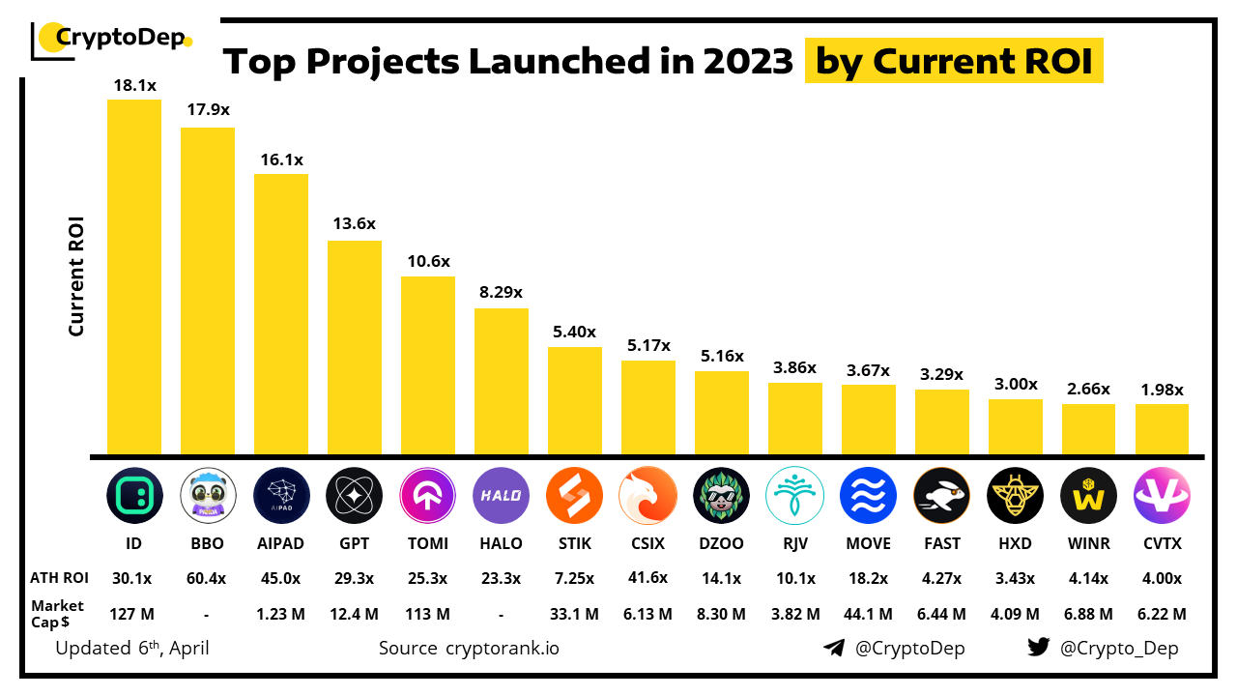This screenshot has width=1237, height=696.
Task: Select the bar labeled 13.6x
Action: pos(355,348)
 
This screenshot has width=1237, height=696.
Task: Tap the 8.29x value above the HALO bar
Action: pos(502,291)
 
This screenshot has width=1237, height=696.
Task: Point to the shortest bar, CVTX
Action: pos(1162,429)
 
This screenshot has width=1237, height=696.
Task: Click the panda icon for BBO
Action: pos(208,496)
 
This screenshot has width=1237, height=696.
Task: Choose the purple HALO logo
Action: pos(502,496)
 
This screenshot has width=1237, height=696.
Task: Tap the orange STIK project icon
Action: pos(574,496)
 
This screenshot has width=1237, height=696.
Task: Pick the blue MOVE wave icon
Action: pos(868,496)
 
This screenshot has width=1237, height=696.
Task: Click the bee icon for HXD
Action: pos(1015,496)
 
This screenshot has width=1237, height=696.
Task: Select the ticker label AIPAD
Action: pos(281,544)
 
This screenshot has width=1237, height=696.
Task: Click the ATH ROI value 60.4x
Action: pos(208,579)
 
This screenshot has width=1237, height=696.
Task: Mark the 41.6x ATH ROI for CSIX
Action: pos(648,579)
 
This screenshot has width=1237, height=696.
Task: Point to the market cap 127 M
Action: pos(134,614)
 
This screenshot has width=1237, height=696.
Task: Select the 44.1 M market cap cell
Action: pos(868,614)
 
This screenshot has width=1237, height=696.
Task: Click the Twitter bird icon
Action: pos(1039,648)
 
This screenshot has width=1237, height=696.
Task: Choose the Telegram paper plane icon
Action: pos(835,648)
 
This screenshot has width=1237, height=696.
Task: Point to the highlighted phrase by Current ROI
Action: pos(954,61)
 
